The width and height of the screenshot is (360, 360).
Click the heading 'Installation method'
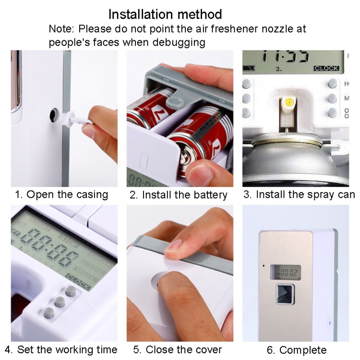click(165, 14)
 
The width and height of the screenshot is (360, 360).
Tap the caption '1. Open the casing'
click(61, 194)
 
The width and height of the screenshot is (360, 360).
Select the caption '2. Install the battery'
click(178, 195)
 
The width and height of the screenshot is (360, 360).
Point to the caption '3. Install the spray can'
click(299, 194)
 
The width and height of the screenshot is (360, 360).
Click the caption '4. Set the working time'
click(61, 349)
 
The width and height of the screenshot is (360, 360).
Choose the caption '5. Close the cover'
click(178, 349)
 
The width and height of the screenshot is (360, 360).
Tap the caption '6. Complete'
click(296, 349)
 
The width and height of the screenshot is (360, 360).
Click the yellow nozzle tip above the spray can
click(289, 102)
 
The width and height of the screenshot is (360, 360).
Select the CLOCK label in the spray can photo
click(326, 69)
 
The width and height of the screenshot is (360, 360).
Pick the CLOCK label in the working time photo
click(78, 277)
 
